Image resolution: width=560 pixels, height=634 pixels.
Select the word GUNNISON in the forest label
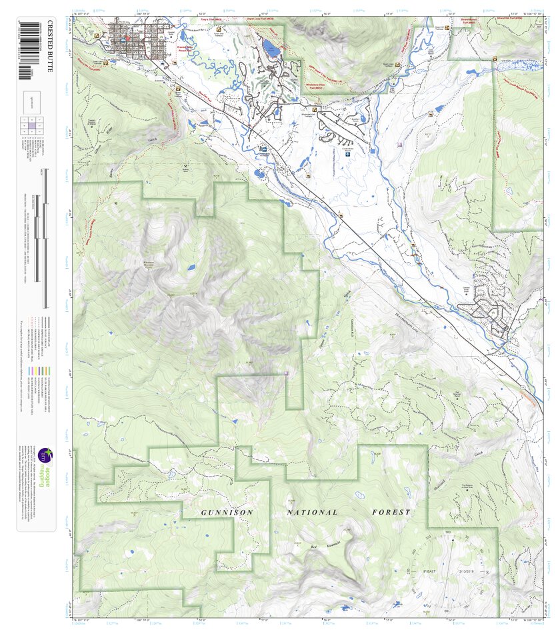coord(227,512)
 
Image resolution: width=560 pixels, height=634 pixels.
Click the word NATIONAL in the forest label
coord(312,512)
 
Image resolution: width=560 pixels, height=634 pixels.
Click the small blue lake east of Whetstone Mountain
coord(191,267)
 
